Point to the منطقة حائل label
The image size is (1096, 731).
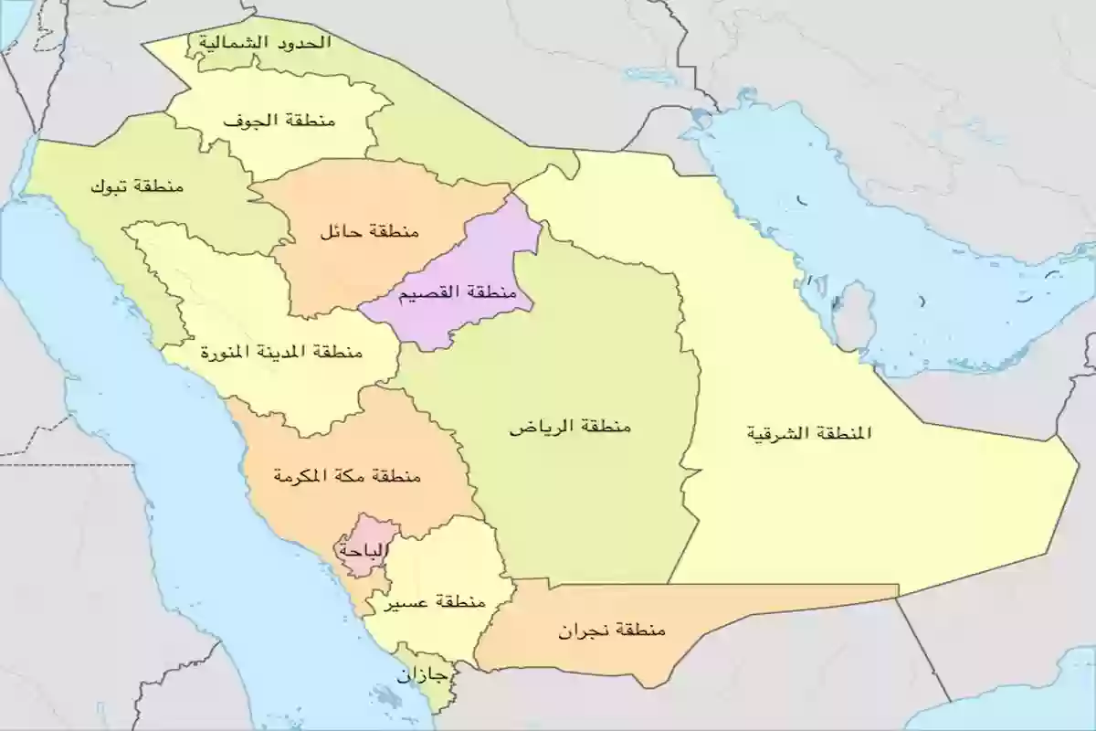(368, 232)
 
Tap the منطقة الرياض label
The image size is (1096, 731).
(570, 427)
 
